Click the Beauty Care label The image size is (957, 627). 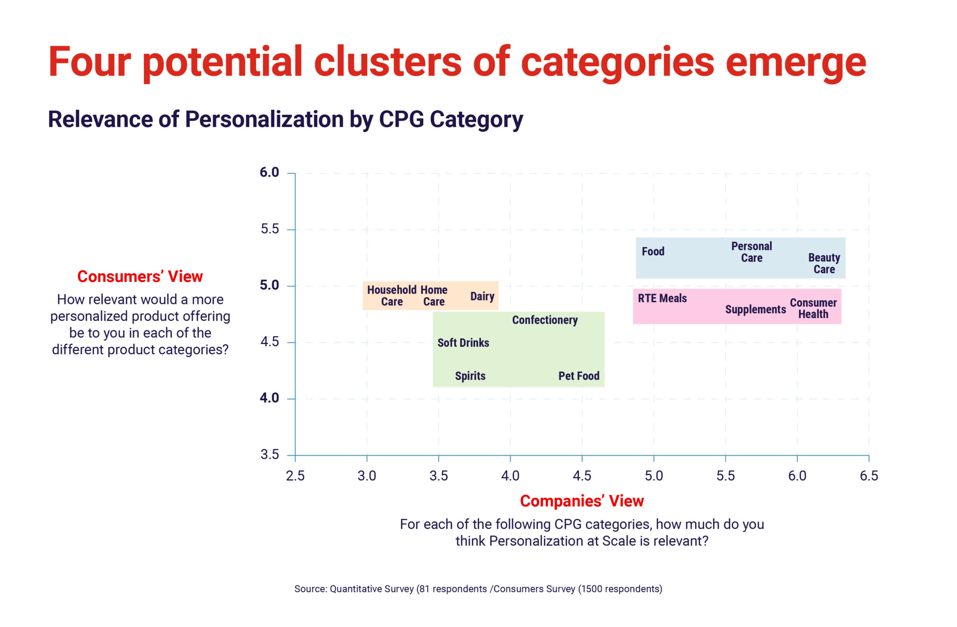pos(824,263)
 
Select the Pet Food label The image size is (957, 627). pos(578,376)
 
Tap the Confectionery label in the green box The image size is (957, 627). pos(545,320)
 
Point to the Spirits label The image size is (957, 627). pos(470,376)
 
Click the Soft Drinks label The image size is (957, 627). pos(463,343)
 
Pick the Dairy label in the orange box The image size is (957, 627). pos(482,296)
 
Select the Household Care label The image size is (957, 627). pos(392,296)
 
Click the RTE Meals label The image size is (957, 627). pos(662,298)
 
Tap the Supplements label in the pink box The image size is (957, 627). pos(755,310)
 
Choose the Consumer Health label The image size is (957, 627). pos(813,308)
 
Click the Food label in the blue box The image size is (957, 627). pos(653,252)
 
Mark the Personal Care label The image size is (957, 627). pos(751,252)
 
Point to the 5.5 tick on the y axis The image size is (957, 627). pos(270,229)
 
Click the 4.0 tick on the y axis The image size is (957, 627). pos(269,398)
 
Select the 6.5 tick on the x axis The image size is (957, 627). pos(869,476)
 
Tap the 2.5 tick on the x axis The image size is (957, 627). pos(295,476)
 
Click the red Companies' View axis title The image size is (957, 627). pos(582,501)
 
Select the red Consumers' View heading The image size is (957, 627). pos(140,276)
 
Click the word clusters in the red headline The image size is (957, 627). pos(387,62)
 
